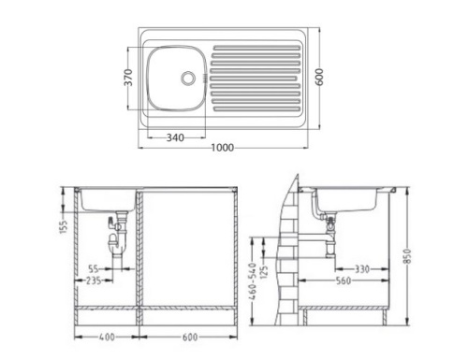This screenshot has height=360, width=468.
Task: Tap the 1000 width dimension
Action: [x=222, y=147]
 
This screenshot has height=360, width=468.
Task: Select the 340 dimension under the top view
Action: [x=173, y=137]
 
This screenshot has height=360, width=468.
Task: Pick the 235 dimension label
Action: [x=93, y=280]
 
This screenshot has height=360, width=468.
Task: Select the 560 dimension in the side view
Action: [x=344, y=280]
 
